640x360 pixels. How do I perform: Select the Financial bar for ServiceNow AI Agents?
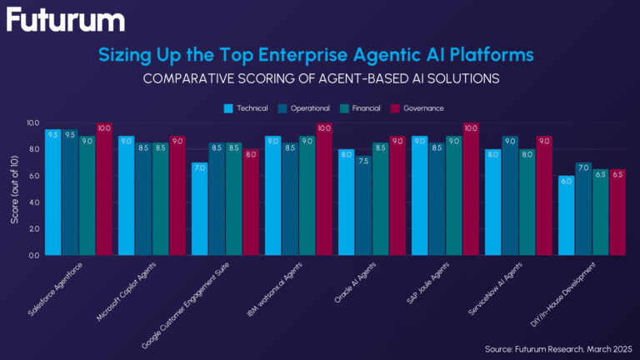click(x=527, y=202)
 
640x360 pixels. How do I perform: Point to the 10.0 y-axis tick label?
click(x=31, y=122)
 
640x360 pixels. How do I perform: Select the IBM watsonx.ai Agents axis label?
click(x=283, y=286)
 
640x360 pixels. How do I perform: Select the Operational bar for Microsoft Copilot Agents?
click(x=143, y=198)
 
